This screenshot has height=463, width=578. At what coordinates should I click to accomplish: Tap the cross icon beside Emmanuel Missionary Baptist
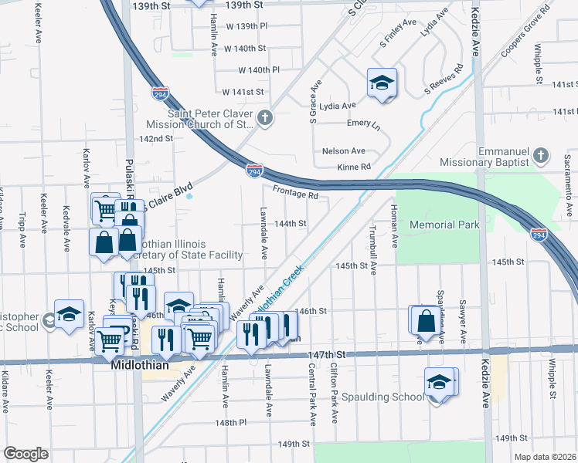click(541, 157)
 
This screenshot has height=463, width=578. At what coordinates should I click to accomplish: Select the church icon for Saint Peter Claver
click(265, 118)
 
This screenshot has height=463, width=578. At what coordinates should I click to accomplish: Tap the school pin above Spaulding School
click(439, 382)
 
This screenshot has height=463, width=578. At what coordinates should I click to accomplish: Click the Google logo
click(25, 454)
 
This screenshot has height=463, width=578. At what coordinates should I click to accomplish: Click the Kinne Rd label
click(354, 167)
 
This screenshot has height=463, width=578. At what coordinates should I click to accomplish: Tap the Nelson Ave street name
click(343, 151)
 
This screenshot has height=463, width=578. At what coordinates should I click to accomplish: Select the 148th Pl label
click(230, 423)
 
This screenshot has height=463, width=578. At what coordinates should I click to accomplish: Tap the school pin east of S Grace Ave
click(381, 83)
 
